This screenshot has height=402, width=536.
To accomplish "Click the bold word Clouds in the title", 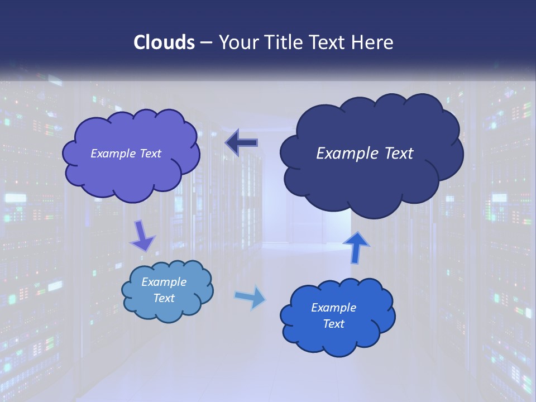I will (x=164, y=42).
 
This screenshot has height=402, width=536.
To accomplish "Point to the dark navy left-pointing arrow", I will (x=241, y=143).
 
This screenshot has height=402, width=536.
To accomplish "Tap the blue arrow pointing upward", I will (x=356, y=247).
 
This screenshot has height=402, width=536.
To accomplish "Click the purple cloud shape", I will (x=131, y=154).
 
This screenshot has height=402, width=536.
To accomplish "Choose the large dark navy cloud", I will (x=371, y=153).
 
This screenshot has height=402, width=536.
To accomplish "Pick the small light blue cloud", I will (x=167, y=290).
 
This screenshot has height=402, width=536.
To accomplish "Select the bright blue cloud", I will (x=337, y=316).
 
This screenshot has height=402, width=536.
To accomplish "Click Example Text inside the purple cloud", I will (x=126, y=154).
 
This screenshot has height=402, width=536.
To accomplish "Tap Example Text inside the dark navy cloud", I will (x=365, y=154).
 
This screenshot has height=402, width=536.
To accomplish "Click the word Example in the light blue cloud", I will (x=164, y=282).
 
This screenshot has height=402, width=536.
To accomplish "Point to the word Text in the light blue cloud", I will (x=164, y=298).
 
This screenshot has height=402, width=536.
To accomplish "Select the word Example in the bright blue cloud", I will (x=333, y=308).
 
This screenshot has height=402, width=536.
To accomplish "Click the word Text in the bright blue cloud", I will (x=333, y=324).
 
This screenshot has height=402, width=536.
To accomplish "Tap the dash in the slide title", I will (x=205, y=42).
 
